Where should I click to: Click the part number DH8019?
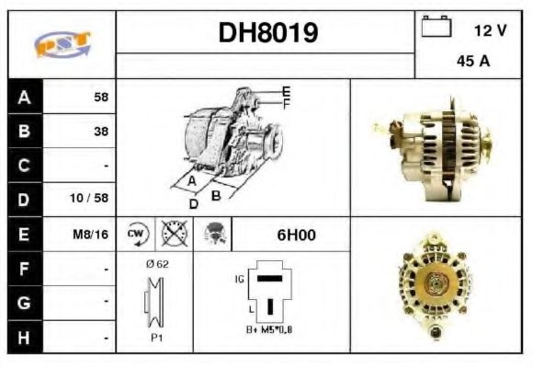tap(267, 33)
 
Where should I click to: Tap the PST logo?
tap(62, 45)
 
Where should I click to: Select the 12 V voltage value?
tap(490, 30)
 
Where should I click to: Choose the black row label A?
tap(24, 97)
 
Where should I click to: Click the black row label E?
tap(24, 235)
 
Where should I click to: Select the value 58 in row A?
tap(100, 97)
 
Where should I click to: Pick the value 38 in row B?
tap(100, 132)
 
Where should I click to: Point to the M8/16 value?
tap(91, 235)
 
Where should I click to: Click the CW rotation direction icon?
tap(136, 234)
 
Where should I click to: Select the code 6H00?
tap(296, 235)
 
